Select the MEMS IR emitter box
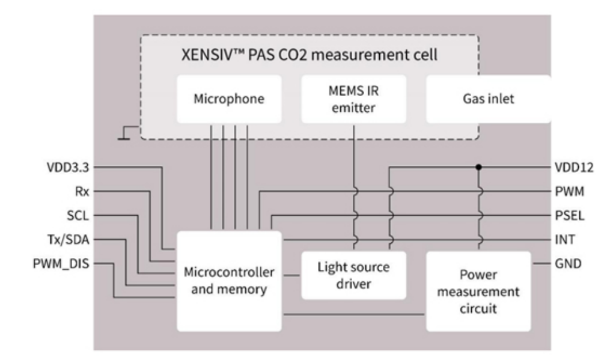353,99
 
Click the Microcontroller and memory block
229,280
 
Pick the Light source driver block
353,275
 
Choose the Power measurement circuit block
478,291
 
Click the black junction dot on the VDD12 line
478,168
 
